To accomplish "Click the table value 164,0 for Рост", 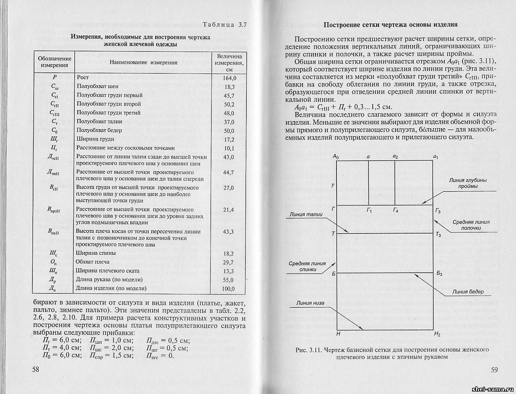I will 229,77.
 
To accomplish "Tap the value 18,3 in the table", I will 229,87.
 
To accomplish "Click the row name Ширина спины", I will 91,253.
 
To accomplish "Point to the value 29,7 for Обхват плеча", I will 229,263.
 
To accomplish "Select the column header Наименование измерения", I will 143,63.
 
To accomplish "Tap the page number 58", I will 36,369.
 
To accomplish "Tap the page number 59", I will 494,369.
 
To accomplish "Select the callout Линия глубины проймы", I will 468,183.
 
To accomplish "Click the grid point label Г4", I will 396,210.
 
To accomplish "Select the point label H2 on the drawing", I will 438,333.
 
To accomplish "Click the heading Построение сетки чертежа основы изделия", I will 390,25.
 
